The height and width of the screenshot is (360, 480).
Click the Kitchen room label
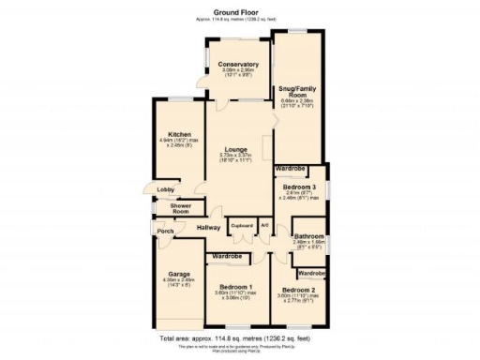[x=178, y=133]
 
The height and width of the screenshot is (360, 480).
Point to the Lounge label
[x=234, y=149]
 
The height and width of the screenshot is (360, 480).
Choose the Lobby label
[x=165, y=190]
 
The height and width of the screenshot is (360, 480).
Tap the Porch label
[x=165, y=232]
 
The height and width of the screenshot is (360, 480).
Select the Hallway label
[x=208, y=227]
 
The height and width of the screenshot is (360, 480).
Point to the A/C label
[x=264, y=225]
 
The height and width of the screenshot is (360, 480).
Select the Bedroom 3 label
[x=300, y=187]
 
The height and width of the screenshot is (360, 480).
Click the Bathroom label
[x=308, y=235]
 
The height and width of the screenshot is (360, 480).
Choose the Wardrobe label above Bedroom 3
[x=292, y=169]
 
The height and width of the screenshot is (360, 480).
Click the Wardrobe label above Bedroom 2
[x=311, y=272]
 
